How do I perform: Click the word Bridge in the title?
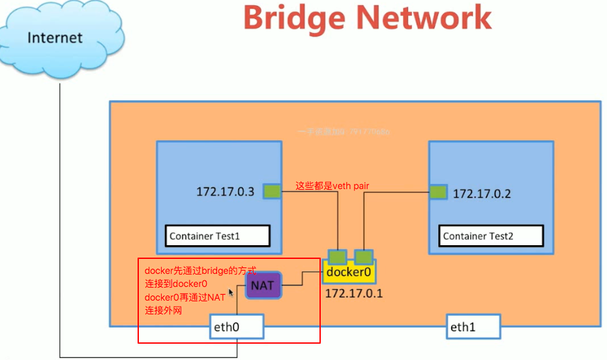(299, 18)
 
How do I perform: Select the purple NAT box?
(263, 286)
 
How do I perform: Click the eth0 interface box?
(236, 327)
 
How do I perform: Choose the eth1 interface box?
(473, 327)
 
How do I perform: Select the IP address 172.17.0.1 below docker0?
(354, 293)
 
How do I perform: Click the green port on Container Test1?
(272, 191)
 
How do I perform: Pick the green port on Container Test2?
(438, 192)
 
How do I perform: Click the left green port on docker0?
(338, 256)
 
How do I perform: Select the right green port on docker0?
(363, 256)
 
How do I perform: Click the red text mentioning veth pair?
(333, 186)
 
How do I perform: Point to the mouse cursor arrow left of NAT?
(231, 293)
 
